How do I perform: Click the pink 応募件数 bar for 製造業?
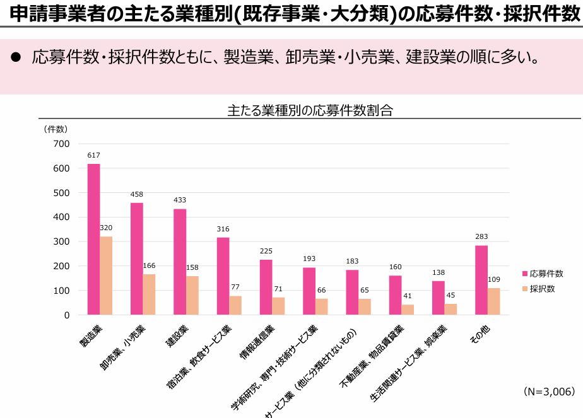(93, 240)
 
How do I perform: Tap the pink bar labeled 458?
(136, 258)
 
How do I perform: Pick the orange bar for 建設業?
(192, 295)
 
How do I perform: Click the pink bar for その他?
(481, 280)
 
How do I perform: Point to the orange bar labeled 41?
(408, 310)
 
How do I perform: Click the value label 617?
(93, 155)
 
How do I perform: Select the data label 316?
(223, 229)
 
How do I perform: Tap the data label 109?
(494, 279)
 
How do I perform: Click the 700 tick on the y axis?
(61, 144)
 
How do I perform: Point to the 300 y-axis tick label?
(61, 241)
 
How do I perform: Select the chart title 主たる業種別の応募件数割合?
(310, 110)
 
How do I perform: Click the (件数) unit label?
(56, 129)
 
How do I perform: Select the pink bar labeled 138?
(438, 298)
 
